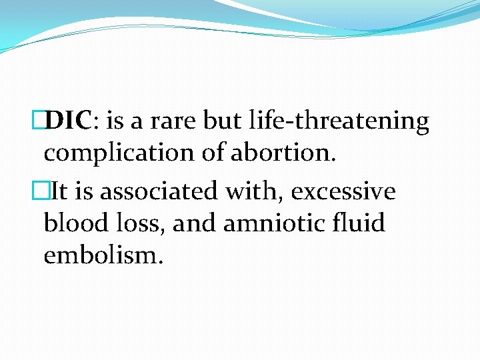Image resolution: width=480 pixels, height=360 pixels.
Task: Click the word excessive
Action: (x=343, y=191)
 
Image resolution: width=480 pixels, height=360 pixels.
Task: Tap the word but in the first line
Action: (x=221, y=121)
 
